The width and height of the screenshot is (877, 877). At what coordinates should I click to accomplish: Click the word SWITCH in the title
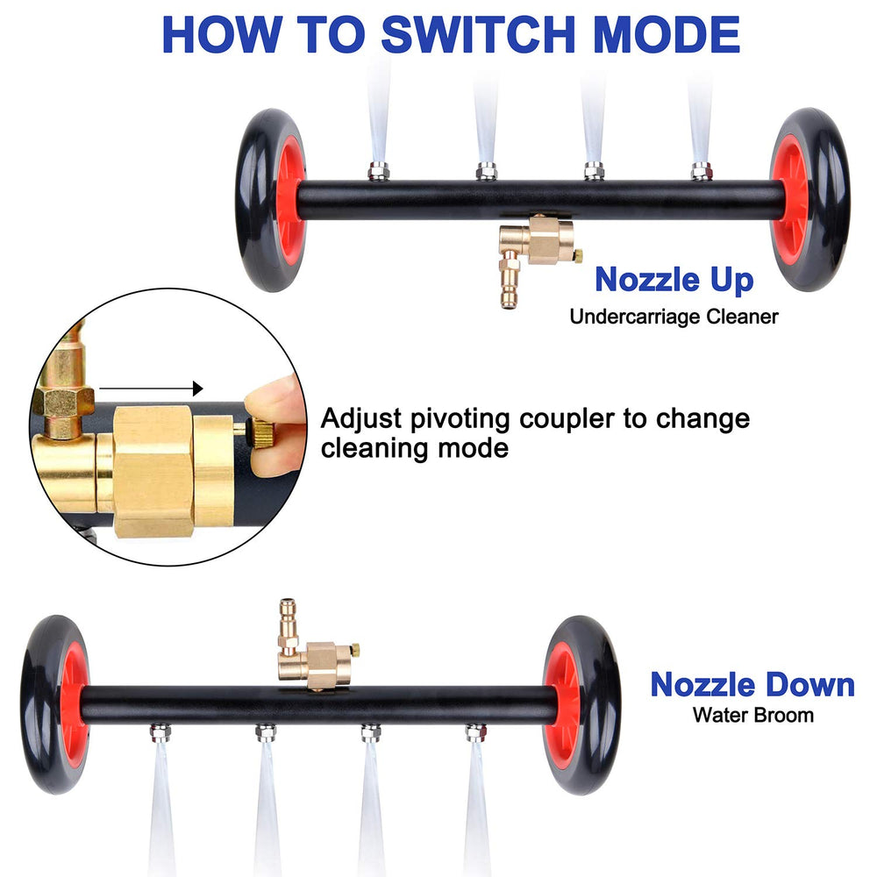pos(479,35)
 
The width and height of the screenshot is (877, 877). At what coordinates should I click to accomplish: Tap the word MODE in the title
pos(666,35)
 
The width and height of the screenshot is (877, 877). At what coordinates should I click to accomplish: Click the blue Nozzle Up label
pos(674,279)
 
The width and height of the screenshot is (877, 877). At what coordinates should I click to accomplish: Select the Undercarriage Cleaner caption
pos(674,317)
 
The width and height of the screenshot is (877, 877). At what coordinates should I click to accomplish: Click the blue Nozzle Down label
pos(752,685)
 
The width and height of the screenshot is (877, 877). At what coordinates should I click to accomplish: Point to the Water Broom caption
pos(752,715)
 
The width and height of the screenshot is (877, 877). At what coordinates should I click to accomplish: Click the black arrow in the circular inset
pos(151,389)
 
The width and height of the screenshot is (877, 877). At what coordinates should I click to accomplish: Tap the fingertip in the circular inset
pos(275,425)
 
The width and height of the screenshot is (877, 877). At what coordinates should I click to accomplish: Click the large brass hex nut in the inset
pos(153,471)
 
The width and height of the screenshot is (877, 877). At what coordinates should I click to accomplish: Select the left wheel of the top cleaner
pos(271,200)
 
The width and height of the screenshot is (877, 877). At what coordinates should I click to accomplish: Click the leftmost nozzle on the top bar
pos(379,171)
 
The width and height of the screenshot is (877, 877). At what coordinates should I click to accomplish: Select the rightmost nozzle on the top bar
pos(702,171)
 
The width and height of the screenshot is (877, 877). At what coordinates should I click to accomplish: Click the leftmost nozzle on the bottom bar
pos(160,732)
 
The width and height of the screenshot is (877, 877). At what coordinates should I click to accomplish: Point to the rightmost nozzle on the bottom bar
pos(475,732)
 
